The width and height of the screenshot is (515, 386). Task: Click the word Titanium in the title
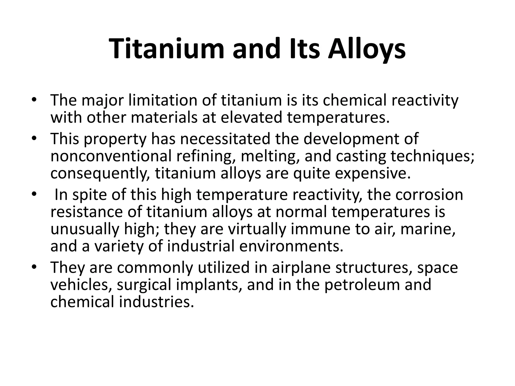click(x=166, y=49)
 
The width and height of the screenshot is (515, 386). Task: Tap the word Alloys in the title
click(x=367, y=49)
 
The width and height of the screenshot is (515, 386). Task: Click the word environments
click(x=291, y=246)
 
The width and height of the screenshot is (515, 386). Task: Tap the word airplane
click(x=301, y=267)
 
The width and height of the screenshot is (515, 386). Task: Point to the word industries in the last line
click(x=156, y=302)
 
